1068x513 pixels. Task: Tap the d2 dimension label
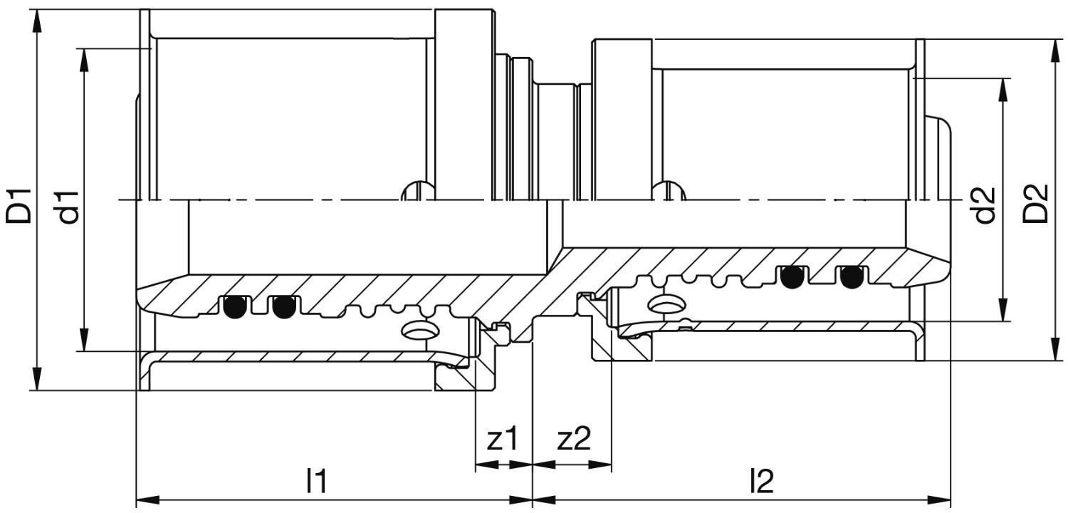coord(985,204)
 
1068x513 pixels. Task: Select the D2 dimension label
coord(1035,204)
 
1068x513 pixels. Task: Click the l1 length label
coord(317,481)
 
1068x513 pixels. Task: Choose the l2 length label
coord(761,481)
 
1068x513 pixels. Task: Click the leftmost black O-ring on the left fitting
coord(234,307)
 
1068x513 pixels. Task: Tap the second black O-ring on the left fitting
coord(283,307)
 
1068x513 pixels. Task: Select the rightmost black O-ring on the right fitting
coord(852,277)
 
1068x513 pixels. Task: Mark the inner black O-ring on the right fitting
coord(792,277)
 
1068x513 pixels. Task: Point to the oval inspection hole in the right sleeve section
coord(668,303)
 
